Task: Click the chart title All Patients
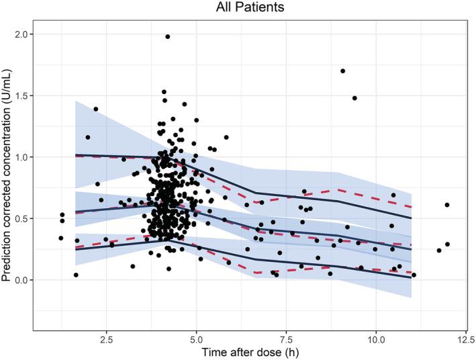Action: pos(250,7)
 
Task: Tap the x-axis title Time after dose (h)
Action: pos(250,353)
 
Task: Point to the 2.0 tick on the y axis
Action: pos(21,34)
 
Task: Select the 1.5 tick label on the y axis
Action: pos(21,95)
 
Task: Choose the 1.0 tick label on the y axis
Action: pos(21,156)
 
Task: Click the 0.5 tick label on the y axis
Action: pos(21,218)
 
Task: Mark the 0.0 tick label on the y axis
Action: pos(21,279)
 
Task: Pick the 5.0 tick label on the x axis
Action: pos(196,339)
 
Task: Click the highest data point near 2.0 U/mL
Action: pos(167,36)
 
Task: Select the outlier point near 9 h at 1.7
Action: pos(343,71)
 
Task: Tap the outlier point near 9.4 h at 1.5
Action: pos(354,98)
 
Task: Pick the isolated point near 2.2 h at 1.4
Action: pos(95,109)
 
